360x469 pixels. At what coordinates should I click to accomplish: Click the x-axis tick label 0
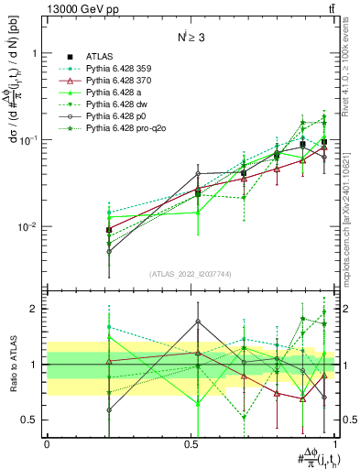tap(47, 442)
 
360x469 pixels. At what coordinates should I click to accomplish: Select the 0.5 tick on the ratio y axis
tap(33, 420)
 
